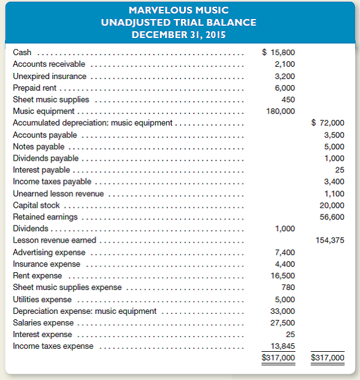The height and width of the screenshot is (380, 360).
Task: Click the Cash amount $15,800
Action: pyautogui.click(x=278, y=52)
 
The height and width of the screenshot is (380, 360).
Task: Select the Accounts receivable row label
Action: pyautogui.click(x=49, y=64)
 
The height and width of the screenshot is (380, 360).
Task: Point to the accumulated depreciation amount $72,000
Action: pyautogui.click(x=327, y=123)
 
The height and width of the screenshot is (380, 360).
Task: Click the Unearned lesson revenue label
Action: pyautogui.click(x=58, y=194)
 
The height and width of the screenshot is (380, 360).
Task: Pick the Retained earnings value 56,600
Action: pyautogui.click(x=332, y=217)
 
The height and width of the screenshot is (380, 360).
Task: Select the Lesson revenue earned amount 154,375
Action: pyautogui.click(x=330, y=240)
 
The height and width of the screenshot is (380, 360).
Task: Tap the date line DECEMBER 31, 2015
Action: pyautogui.click(x=179, y=34)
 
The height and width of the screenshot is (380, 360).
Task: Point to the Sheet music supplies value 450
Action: pyautogui.click(x=288, y=99)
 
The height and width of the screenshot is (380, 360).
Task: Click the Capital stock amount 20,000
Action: pyautogui.click(x=332, y=205)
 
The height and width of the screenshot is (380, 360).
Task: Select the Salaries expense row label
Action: pyautogui.click(x=43, y=322)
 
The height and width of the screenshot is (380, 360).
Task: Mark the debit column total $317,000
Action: pyautogui.click(x=278, y=357)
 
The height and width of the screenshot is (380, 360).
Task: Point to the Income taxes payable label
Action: pyautogui.click(x=52, y=181)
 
